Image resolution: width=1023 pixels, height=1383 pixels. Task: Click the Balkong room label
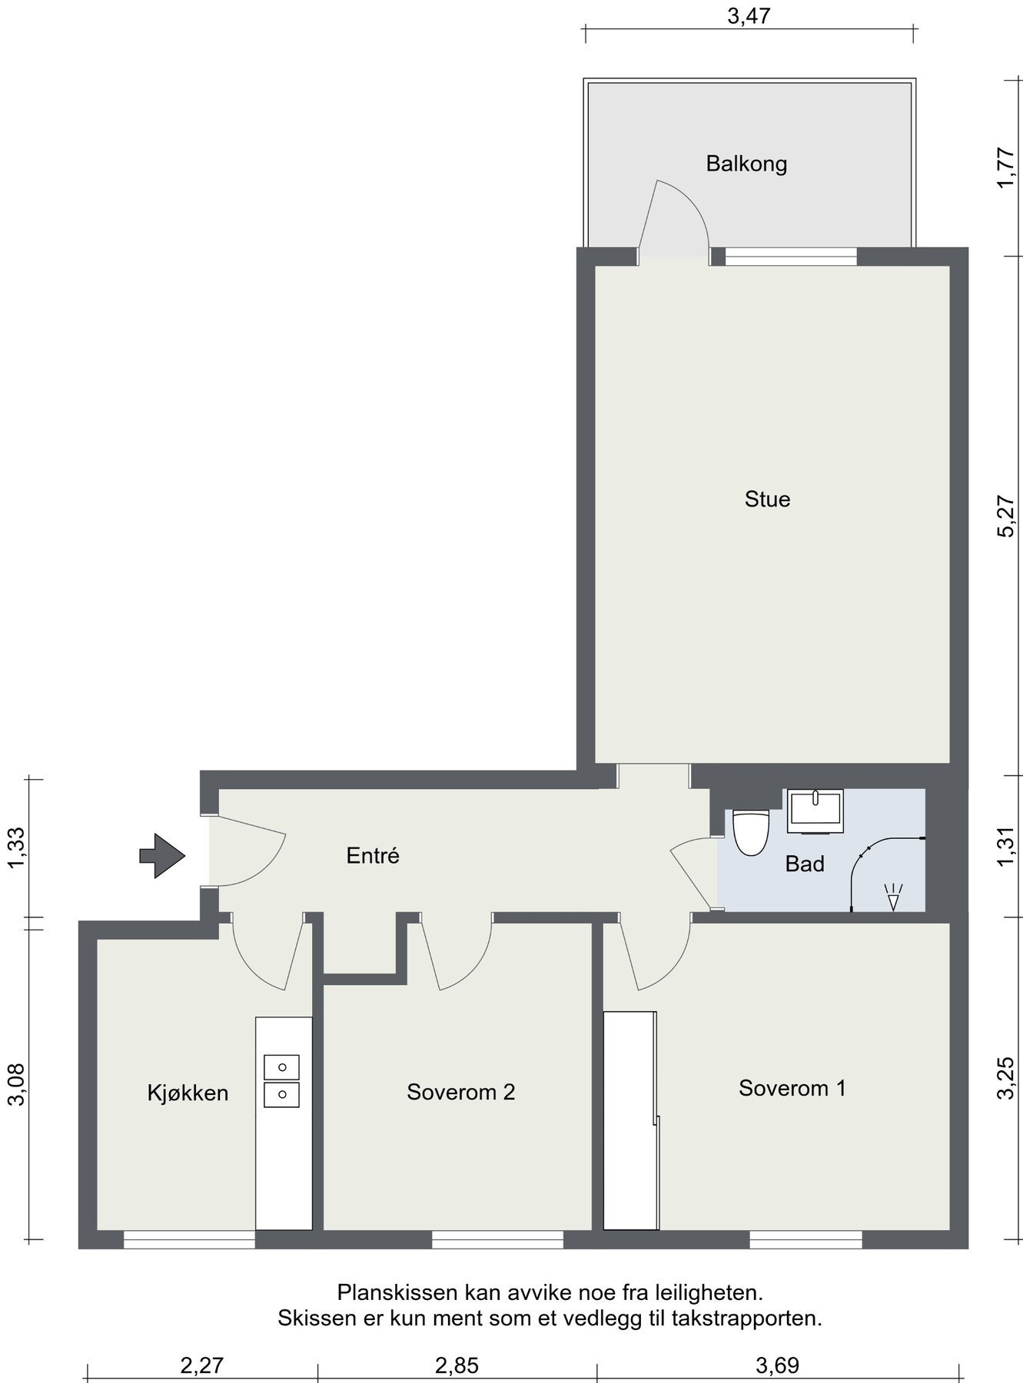(x=746, y=164)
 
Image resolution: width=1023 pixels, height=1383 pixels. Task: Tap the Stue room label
(x=767, y=499)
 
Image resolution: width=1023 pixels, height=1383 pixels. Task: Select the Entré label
(x=373, y=856)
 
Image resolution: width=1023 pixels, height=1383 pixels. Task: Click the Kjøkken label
(x=188, y=1093)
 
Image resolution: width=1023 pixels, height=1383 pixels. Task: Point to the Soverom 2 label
(x=460, y=1092)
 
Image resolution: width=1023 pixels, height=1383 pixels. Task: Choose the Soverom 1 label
(x=792, y=1088)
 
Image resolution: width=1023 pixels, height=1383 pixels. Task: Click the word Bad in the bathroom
(x=805, y=864)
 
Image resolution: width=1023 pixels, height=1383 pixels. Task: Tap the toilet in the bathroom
(x=750, y=833)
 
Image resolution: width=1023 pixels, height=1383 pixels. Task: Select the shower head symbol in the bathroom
(x=892, y=897)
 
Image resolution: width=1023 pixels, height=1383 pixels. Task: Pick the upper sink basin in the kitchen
(x=282, y=1066)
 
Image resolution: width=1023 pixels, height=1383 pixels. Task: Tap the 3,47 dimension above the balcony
(x=749, y=16)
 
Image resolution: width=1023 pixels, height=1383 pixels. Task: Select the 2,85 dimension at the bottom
(x=457, y=1365)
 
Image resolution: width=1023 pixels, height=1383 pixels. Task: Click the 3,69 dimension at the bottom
(x=778, y=1365)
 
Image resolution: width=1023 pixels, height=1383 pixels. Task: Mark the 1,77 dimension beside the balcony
(x=1008, y=168)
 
